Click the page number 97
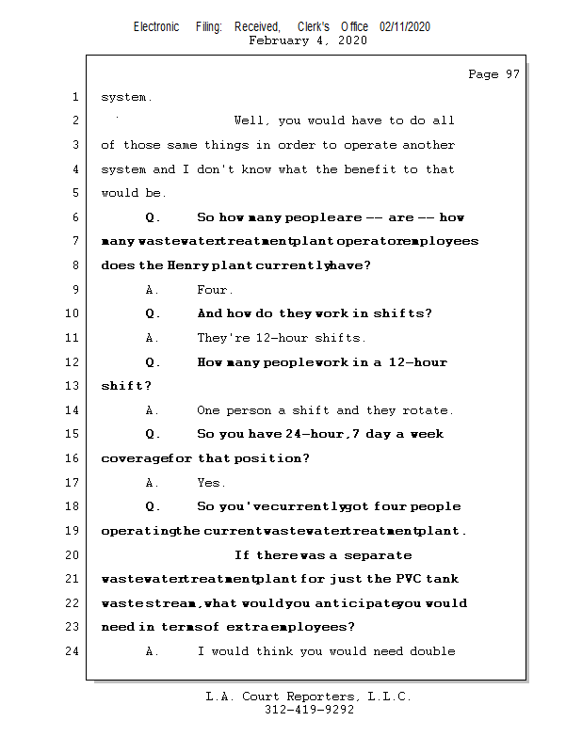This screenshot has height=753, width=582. [x=511, y=74]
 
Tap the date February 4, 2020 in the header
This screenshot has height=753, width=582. [x=308, y=40]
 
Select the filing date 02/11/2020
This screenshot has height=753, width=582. [x=405, y=27]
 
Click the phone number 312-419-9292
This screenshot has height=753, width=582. [x=309, y=711]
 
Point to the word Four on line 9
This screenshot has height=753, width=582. [x=214, y=290]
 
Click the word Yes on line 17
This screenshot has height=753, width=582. [x=210, y=483]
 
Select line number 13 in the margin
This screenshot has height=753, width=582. [x=74, y=386]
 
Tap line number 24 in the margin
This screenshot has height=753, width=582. [x=74, y=651]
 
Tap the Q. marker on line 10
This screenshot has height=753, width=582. [x=154, y=313]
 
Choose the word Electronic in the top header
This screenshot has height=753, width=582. [x=156, y=27]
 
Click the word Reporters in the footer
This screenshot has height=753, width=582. [x=318, y=697]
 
